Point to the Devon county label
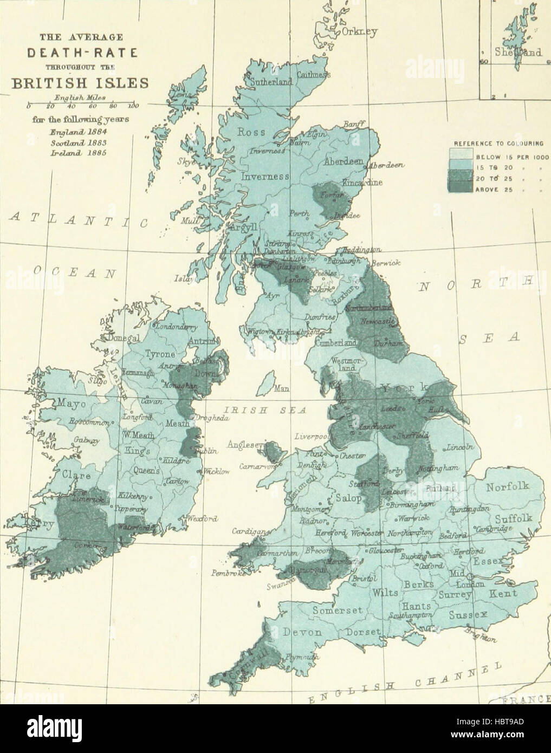301,632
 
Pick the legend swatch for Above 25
461,189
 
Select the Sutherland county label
271,82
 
